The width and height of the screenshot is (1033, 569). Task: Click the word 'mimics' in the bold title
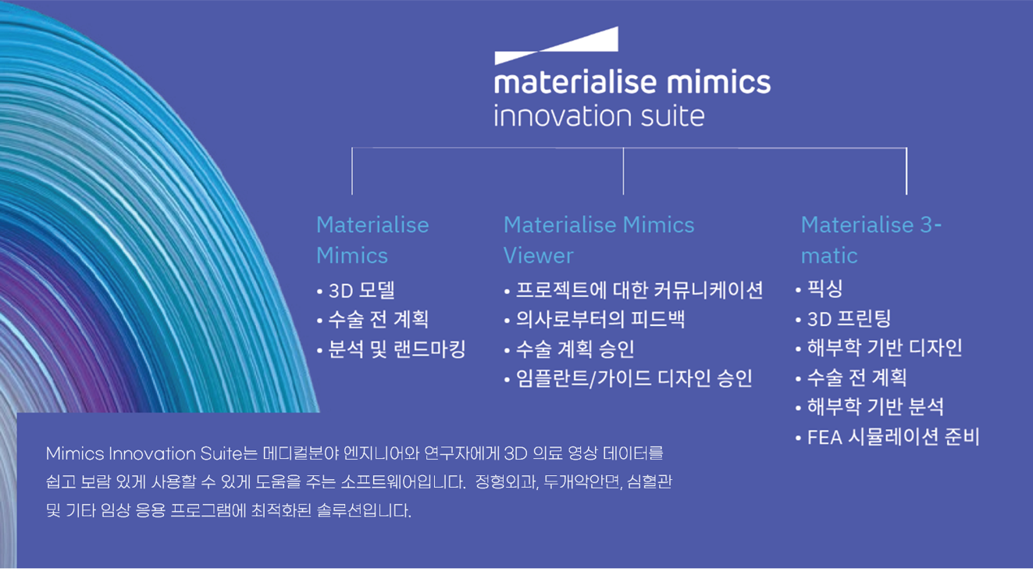(x=718, y=82)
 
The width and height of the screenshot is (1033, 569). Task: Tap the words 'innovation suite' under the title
(x=599, y=116)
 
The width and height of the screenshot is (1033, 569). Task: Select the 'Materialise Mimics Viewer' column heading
(x=599, y=240)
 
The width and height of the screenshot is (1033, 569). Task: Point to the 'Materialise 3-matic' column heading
(x=871, y=240)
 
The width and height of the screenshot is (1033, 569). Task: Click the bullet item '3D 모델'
(x=362, y=290)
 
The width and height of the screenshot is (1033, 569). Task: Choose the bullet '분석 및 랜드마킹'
(x=397, y=349)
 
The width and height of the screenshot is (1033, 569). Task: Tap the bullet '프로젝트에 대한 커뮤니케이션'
(x=639, y=290)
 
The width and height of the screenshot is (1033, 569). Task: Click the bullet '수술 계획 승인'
(x=575, y=349)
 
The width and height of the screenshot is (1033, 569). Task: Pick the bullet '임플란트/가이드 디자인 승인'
(x=634, y=378)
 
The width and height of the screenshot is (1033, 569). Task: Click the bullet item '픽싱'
(x=825, y=289)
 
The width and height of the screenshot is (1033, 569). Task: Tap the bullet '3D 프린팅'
(x=849, y=319)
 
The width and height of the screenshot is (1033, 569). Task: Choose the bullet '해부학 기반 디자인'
(x=885, y=348)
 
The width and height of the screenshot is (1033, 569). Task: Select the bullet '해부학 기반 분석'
(x=875, y=406)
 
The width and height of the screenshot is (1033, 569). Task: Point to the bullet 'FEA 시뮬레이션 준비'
(x=892, y=437)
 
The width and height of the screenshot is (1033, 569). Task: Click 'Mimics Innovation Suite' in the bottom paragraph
(x=144, y=453)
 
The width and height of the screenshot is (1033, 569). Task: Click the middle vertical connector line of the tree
(x=623, y=171)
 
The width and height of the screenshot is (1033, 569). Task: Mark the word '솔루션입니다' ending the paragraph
(x=364, y=511)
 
